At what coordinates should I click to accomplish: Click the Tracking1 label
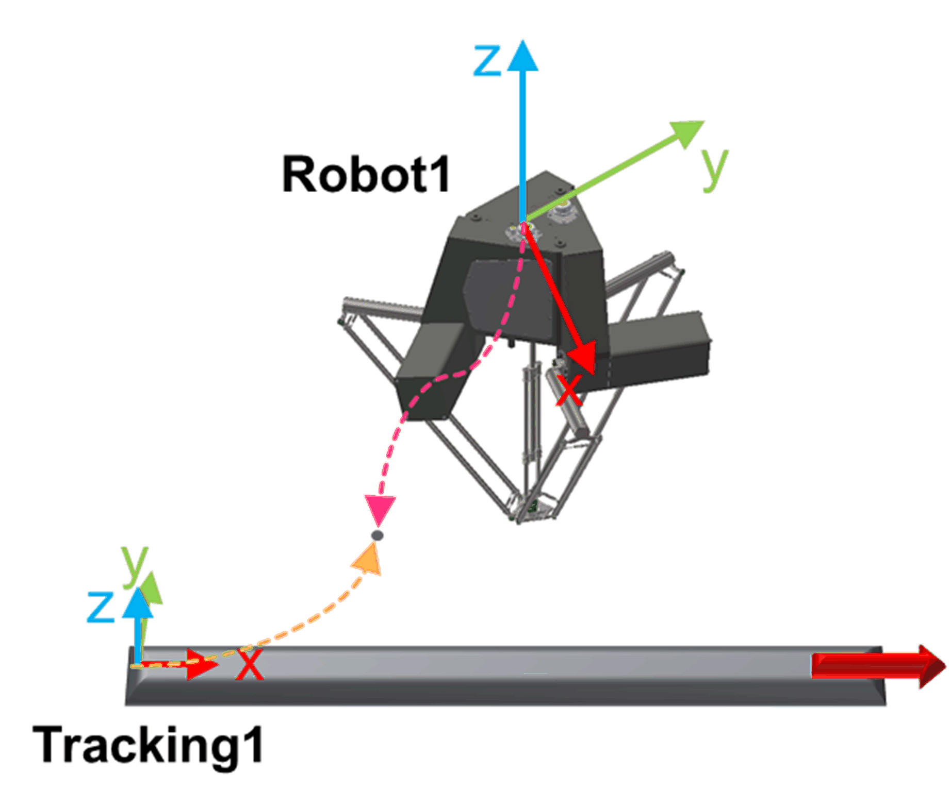tap(149, 745)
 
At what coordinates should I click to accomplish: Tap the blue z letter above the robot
tap(487, 61)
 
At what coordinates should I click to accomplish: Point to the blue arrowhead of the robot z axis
tap(522, 56)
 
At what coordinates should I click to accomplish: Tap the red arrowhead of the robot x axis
tap(581, 358)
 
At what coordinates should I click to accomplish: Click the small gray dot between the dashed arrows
tap(378, 536)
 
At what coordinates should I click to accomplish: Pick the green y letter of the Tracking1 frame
tap(135, 565)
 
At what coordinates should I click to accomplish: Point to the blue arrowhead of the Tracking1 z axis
tap(138, 603)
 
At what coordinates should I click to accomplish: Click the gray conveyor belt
tap(505, 675)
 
